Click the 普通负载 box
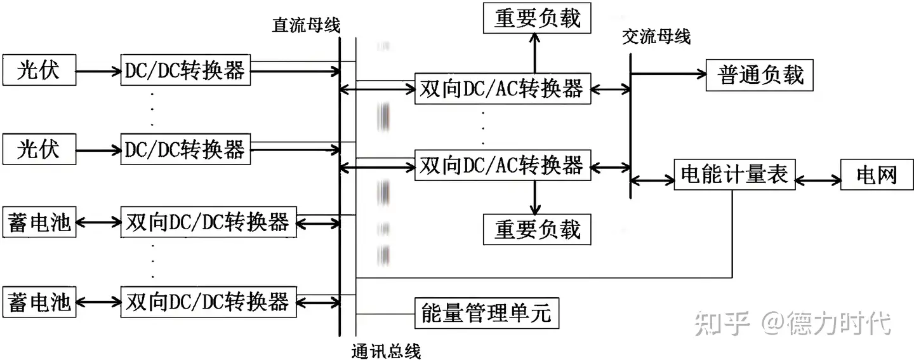point(760,75)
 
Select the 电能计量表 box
point(733,173)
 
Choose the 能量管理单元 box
point(486,312)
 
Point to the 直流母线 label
point(306,25)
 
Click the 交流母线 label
point(656,37)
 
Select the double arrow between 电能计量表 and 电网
point(817,181)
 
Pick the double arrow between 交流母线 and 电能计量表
point(652,182)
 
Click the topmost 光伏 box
point(39,70)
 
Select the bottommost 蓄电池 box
point(39,301)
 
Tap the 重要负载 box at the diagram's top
point(537,18)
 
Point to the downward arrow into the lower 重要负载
point(534,197)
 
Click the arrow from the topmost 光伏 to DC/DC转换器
point(98,70)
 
